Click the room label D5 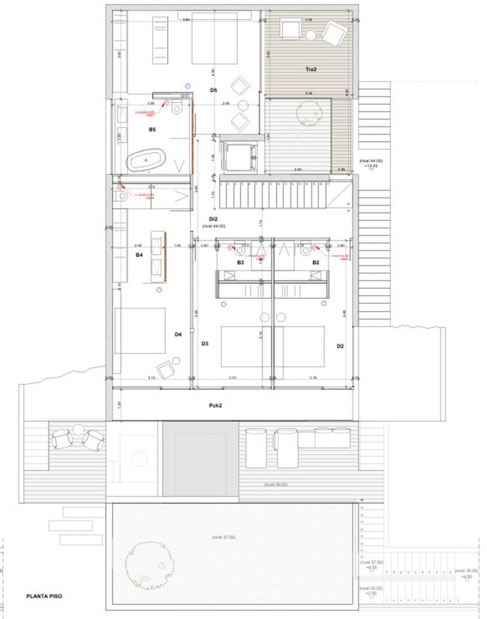[x=213, y=90]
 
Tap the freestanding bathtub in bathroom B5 [x=146, y=160]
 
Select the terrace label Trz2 [x=310, y=70]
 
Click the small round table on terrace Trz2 [x=311, y=35]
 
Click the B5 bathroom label [x=152, y=130]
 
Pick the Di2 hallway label [x=213, y=219]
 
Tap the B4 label [x=139, y=255]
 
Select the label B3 [x=240, y=263]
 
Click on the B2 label [x=316, y=263]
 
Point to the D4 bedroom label [x=178, y=335]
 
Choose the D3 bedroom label [x=205, y=343]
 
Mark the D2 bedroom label [x=340, y=346]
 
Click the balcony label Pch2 [x=215, y=406]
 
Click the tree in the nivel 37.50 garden [x=144, y=561]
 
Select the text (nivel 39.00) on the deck [x=276, y=485]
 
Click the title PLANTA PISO [x=44, y=596]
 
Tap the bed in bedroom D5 [x=214, y=38]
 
